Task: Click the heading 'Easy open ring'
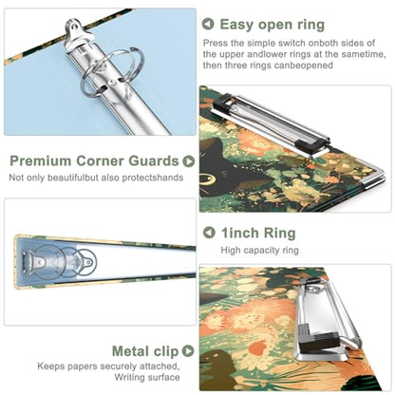click(x=273, y=25)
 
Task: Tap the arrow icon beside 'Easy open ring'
click(x=208, y=24)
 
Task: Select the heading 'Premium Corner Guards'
click(x=94, y=160)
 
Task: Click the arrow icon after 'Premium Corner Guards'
click(x=188, y=161)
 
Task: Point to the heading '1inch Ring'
click(x=258, y=233)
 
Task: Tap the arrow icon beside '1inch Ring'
click(x=209, y=233)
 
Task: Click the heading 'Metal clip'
click(x=145, y=351)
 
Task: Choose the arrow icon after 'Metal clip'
click(x=188, y=350)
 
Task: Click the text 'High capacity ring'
click(x=259, y=250)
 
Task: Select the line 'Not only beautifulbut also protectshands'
click(x=96, y=178)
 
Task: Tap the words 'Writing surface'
click(x=147, y=377)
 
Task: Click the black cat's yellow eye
click(x=208, y=179)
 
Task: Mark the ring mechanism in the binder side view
click(x=59, y=262)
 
